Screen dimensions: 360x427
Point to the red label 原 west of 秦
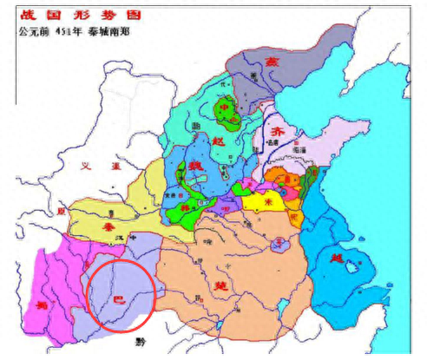pos(60,211)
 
